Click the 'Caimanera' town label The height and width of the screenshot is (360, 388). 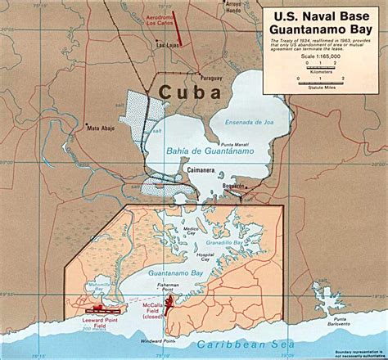point(201,170)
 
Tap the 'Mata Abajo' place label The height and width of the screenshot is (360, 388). point(105,128)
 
